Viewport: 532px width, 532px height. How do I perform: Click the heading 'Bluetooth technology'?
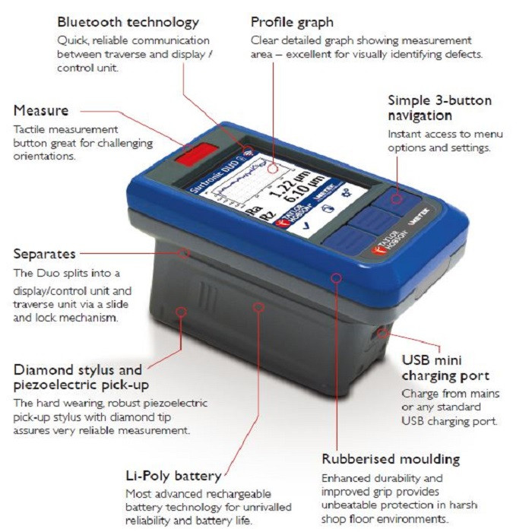(128, 22)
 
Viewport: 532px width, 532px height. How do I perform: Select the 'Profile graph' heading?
(292, 22)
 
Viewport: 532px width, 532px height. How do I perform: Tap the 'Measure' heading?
(40, 112)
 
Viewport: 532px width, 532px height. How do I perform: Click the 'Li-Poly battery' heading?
(173, 477)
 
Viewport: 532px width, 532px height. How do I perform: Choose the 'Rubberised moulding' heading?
(391, 459)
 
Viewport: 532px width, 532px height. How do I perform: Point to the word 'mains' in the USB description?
(485, 394)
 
